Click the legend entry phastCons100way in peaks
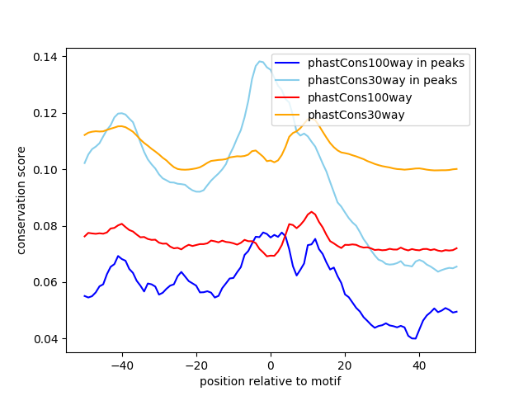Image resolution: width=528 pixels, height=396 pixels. pos(386,63)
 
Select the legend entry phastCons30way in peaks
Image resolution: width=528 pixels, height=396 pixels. pos(383,80)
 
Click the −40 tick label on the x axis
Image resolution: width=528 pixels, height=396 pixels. pos(121,365)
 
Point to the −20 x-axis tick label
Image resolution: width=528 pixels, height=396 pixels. pos(196,365)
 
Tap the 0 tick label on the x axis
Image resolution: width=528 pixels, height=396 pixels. pos(271,365)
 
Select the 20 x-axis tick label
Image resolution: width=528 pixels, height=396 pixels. pos(345,365)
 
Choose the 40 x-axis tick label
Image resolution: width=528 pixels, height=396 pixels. pos(419,365)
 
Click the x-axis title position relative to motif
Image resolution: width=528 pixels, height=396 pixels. pos(271,381)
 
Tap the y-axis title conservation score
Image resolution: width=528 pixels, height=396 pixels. pos(21,200)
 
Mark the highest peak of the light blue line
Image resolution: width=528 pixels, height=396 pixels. pos(261,61)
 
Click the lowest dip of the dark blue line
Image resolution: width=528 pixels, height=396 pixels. pos(413,338)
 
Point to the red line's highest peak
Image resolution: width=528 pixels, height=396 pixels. pos(312,212)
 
